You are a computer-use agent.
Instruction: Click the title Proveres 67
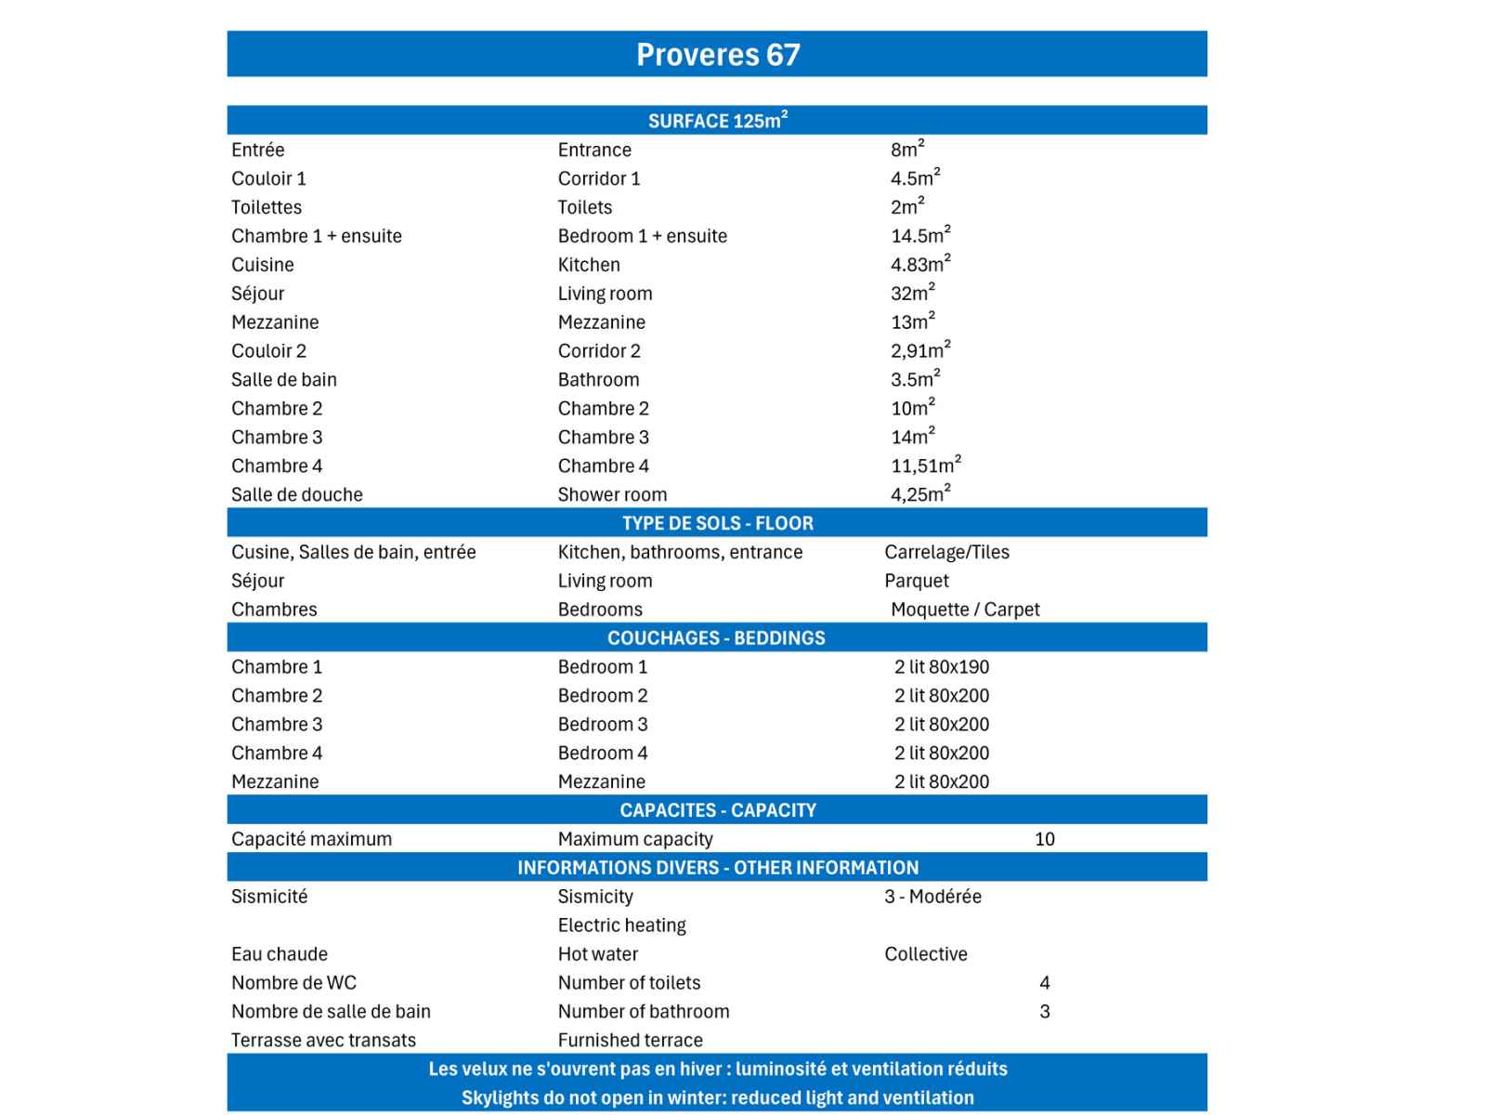tap(717, 55)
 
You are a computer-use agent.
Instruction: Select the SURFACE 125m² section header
tap(717, 121)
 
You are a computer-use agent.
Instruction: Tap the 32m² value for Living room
tap(912, 294)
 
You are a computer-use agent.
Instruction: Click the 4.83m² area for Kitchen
tap(919, 265)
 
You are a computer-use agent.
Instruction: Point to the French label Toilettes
tap(267, 207)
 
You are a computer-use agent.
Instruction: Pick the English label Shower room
tap(612, 494)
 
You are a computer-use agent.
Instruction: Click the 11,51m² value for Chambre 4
tap(925, 466)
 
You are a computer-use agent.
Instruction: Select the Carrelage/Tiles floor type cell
tap(946, 552)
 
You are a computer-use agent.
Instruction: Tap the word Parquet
tap(917, 581)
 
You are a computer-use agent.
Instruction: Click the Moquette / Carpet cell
tap(965, 610)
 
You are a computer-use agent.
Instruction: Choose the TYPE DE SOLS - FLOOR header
tap(717, 523)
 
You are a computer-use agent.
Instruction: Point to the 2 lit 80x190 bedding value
tap(942, 667)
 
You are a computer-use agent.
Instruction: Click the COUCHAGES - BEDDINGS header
tap(716, 638)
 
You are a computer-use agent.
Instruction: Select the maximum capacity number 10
tap(1045, 839)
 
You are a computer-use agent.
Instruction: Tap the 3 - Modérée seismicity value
tap(932, 897)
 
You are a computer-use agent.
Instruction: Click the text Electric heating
tap(621, 925)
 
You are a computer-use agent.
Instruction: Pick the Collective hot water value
tap(925, 954)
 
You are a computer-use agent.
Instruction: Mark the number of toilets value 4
tap(1045, 983)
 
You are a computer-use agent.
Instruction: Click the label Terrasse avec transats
tap(323, 1041)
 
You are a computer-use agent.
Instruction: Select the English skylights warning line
tap(717, 1098)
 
